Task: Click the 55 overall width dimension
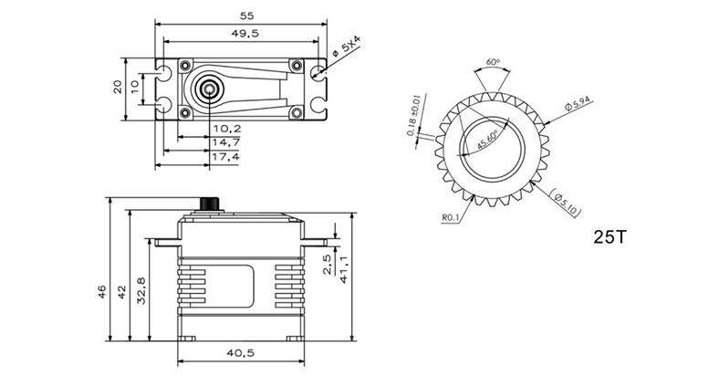[x=245, y=16]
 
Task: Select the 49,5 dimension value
[x=245, y=34]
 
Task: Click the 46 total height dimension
[x=102, y=290]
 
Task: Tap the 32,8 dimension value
[x=141, y=291]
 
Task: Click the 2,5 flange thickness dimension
[x=328, y=264]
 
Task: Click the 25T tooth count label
[x=610, y=239]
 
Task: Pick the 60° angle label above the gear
[x=494, y=63]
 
